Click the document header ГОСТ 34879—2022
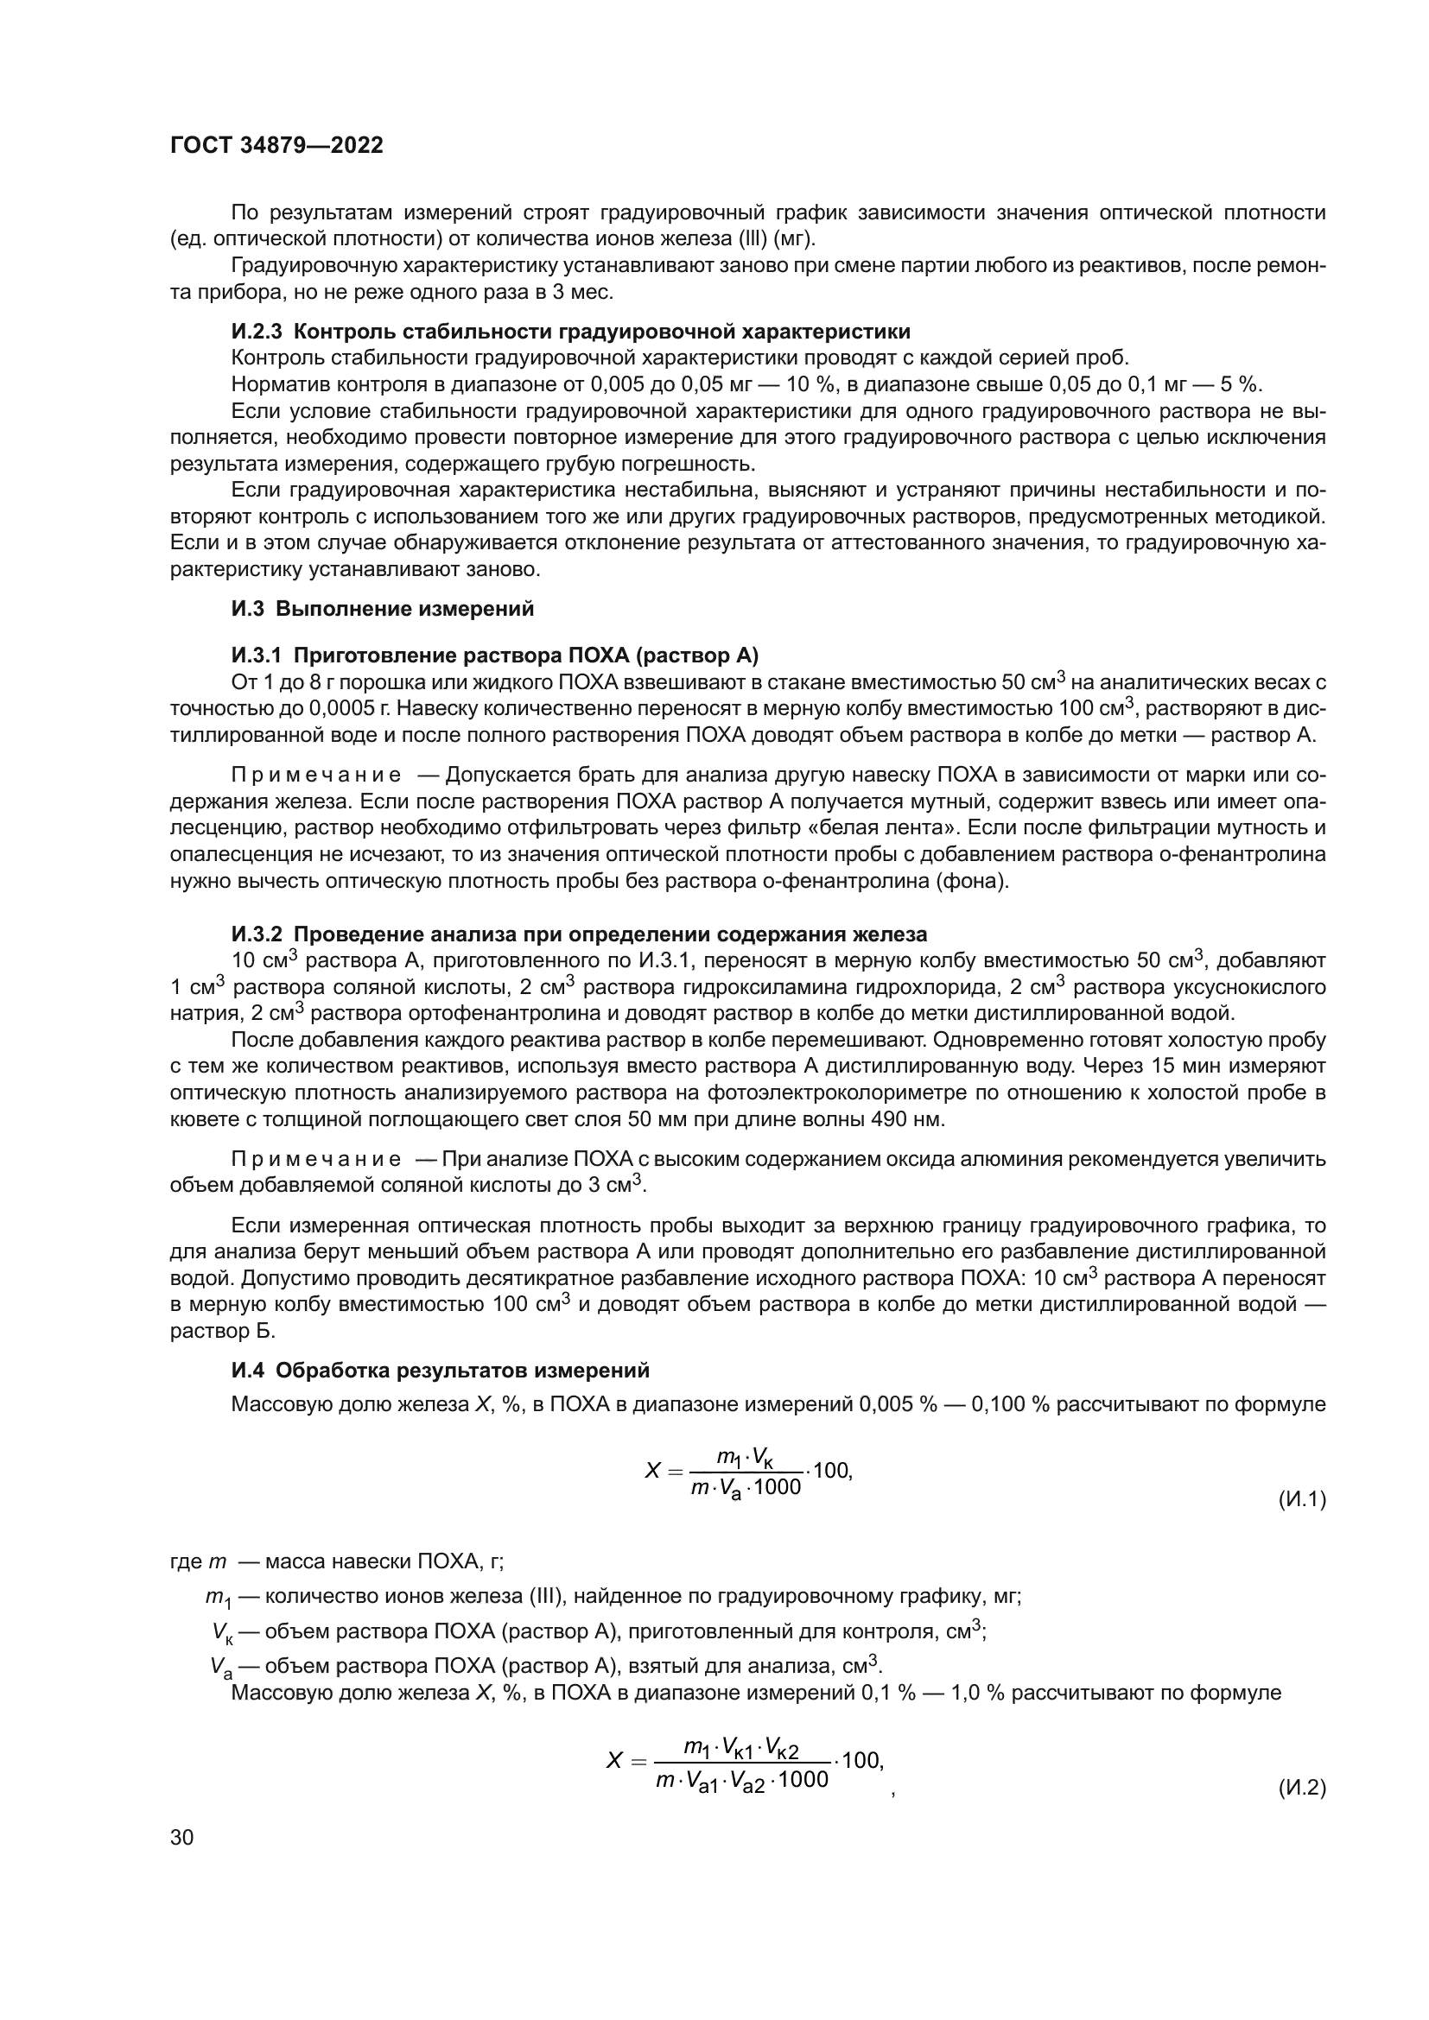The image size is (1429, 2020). [276, 146]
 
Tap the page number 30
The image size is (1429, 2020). [181, 1837]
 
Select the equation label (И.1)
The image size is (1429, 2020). [1301, 1499]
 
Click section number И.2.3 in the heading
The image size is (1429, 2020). [257, 332]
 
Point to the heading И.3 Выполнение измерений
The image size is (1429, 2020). [382, 609]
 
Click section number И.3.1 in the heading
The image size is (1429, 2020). [257, 655]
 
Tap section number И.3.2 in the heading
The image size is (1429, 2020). [257, 934]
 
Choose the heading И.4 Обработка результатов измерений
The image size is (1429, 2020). [440, 1370]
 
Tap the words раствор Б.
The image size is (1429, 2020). [223, 1331]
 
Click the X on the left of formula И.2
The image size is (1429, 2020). [615, 1761]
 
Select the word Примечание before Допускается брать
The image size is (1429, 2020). [316, 775]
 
